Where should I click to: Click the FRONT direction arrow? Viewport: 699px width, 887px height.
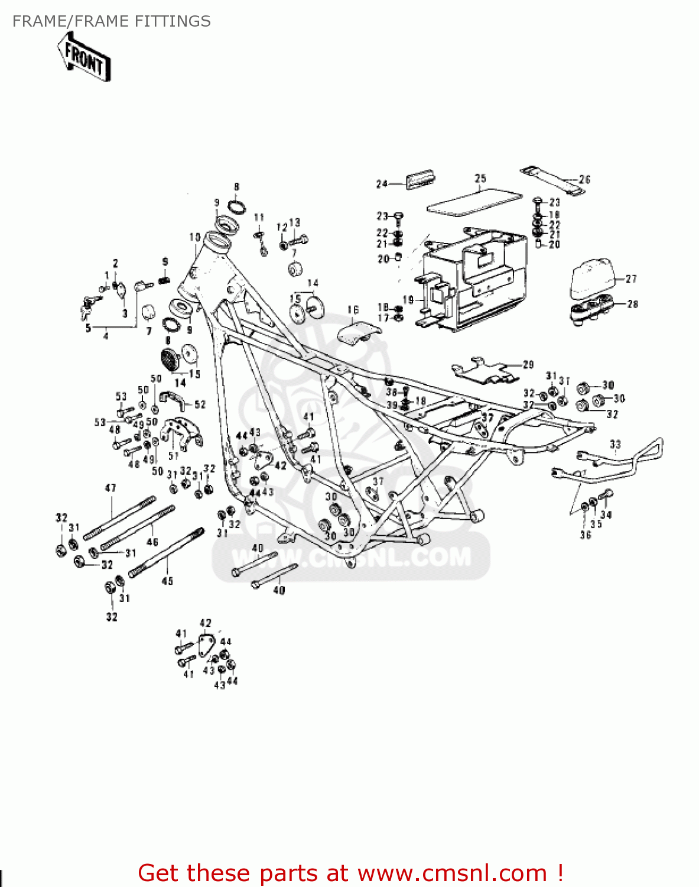tap(84, 57)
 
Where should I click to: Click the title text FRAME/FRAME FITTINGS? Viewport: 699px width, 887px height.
tap(111, 21)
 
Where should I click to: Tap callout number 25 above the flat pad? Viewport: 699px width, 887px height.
tap(480, 179)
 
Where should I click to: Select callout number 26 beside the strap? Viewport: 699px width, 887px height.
tap(584, 179)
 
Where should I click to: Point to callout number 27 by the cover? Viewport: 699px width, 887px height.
tap(631, 279)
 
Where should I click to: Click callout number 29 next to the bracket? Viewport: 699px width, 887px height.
tap(528, 365)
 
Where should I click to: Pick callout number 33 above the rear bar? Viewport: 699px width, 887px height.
tap(615, 444)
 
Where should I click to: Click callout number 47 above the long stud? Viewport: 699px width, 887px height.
tap(110, 488)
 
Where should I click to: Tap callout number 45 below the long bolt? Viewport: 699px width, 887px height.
tap(167, 581)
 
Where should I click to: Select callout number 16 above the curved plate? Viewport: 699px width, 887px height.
tap(353, 310)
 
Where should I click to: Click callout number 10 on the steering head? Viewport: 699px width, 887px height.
tap(195, 237)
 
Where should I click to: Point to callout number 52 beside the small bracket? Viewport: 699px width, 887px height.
tap(200, 404)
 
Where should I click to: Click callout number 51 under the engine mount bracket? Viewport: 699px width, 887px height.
tap(173, 456)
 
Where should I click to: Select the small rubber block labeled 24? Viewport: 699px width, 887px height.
tap(420, 179)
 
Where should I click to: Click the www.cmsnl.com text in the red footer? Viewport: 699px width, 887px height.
tap(452, 873)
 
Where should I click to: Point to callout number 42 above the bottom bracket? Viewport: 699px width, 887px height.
tap(205, 623)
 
